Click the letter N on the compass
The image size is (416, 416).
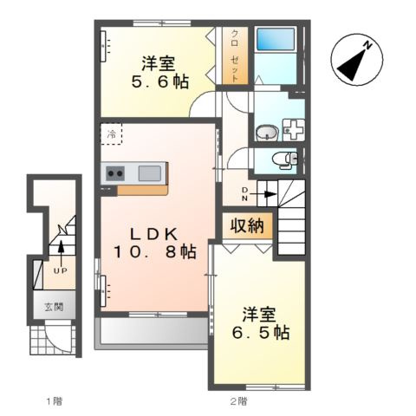tap(367, 46)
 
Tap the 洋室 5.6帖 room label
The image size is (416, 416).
tap(159, 73)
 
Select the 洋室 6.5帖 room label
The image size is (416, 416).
tap(260, 323)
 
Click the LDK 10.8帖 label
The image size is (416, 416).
tap(154, 243)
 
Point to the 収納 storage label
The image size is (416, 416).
tap(247, 225)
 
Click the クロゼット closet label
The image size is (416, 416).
tap(235, 55)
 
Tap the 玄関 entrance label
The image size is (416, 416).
tap(54, 307)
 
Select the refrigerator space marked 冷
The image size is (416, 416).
tap(111, 133)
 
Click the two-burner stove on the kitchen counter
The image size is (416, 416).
tap(115, 173)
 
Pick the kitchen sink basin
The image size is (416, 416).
tap(150, 173)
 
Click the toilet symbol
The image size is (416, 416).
tap(284, 160)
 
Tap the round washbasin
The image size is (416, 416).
tap(266, 133)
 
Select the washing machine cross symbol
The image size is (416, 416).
tap(294, 130)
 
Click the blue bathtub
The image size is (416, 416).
tap(276, 39)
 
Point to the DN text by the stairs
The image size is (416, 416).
tap(244, 194)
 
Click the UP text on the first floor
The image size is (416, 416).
tap(61, 270)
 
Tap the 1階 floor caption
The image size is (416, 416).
tap(55, 400)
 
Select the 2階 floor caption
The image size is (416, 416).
tap(239, 400)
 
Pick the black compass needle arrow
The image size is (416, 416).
tap(352, 65)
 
